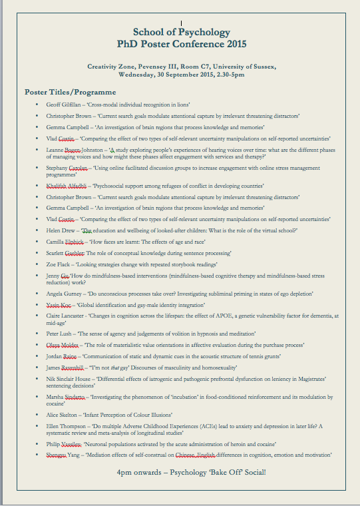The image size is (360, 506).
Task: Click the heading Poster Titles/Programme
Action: click(71, 92)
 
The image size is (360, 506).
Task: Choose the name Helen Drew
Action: click(61, 230)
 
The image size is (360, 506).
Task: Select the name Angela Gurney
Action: click(63, 294)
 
